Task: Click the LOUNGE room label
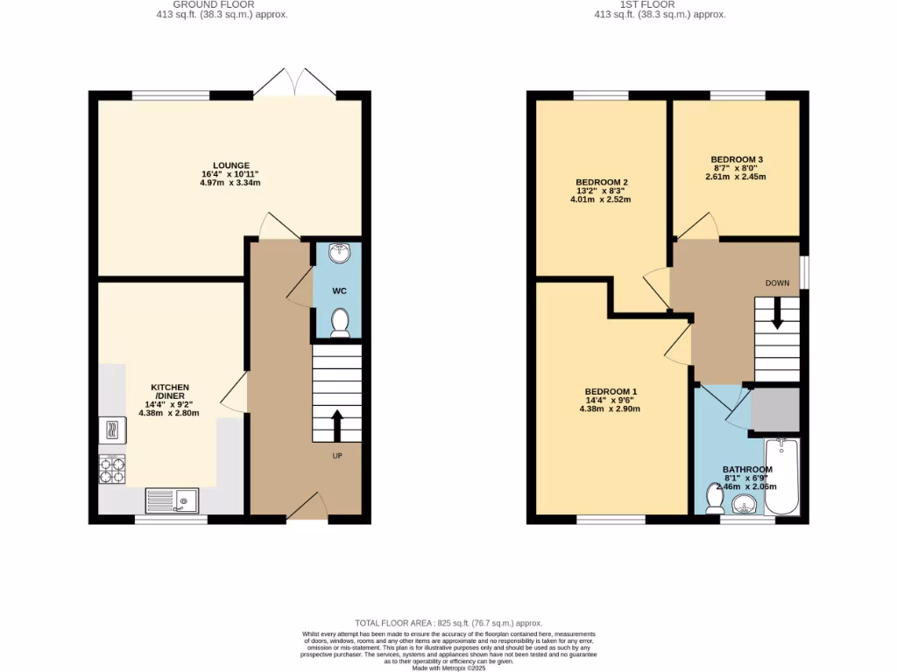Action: pos(231,165)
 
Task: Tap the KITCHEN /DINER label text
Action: pos(170,391)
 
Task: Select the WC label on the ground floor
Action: pos(340,290)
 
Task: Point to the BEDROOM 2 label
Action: pos(596,182)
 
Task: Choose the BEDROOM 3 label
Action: pos(736,159)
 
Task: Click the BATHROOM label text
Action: pos(747,470)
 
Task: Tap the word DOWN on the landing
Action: pos(777,283)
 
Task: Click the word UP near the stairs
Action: pos(336,456)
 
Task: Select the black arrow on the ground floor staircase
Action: pos(336,427)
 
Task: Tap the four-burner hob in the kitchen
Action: pos(112,471)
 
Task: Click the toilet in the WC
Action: pos(340,323)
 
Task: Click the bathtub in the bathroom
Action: pos(781,477)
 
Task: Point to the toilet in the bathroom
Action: pos(714,500)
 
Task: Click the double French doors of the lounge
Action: pos(297,83)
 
